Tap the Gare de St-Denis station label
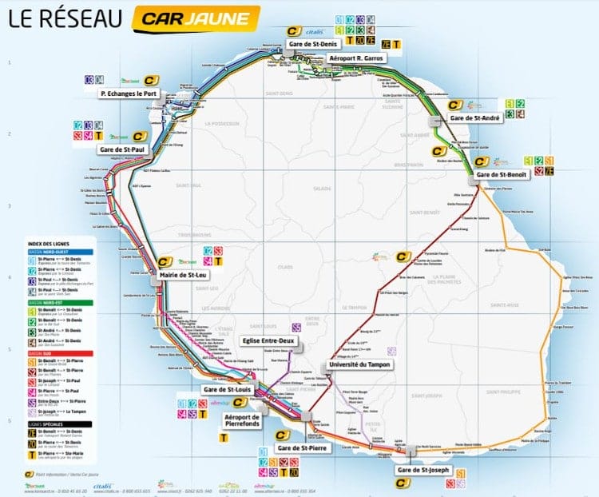pos(313,42)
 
